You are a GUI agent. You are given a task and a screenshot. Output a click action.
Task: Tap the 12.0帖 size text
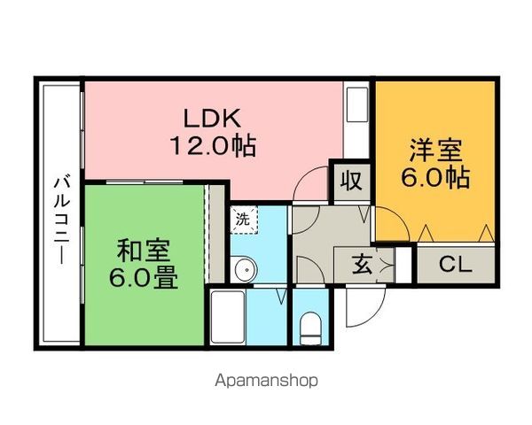click(x=212, y=145)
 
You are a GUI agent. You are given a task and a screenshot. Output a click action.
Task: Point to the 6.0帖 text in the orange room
click(x=434, y=177)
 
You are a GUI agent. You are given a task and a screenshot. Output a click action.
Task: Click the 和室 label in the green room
click(x=143, y=251)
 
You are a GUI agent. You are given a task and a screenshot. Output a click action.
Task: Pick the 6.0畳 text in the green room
click(x=143, y=279)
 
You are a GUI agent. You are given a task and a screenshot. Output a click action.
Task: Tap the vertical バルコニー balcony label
click(x=61, y=213)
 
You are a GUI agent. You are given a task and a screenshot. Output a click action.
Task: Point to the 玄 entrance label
click(x=364, y=264)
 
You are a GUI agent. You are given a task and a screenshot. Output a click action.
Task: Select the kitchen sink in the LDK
click(x=357, y=107)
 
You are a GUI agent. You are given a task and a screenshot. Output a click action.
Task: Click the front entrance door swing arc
click(x=363, y=305)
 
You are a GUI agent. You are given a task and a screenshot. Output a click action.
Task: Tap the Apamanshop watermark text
click(x=265, y=382)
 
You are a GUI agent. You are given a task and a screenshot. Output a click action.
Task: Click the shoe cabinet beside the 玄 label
click(x=403, y=263)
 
